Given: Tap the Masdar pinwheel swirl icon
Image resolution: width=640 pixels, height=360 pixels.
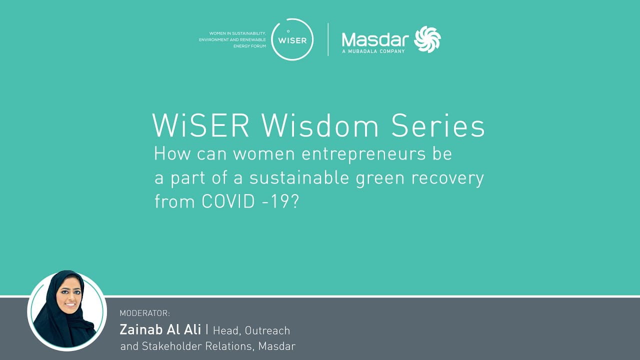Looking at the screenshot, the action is [x=427, y=39].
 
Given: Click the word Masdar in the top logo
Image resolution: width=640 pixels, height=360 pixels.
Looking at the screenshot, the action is [x=375, y=39].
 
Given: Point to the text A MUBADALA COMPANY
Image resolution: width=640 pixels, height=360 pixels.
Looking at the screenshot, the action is [x=373, y=51].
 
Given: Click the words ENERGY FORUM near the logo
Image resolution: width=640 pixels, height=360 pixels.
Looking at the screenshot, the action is [x=249, y=46].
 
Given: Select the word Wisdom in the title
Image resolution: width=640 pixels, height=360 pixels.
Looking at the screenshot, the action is [x=319, y=125].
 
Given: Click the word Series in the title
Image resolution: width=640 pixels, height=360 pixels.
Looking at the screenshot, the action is [x=437, y=125].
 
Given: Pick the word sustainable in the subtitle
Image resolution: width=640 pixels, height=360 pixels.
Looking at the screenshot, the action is [x=299, y=177].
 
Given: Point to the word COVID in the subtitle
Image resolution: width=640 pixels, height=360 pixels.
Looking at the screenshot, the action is [x=228, y=201].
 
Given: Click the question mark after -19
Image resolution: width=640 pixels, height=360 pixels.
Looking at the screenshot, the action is [x=295, y=201].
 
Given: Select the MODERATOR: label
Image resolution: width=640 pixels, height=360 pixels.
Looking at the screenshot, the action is [x=144, y=313].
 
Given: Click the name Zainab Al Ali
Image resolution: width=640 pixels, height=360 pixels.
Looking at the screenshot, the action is [x=160, y=329].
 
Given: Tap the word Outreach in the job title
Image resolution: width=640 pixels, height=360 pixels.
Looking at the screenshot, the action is [x=267, y=330].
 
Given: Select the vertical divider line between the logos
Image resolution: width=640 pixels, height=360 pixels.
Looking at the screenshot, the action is [x=328, y=39].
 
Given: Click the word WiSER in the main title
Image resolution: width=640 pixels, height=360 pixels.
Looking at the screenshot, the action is [x=201, y=125].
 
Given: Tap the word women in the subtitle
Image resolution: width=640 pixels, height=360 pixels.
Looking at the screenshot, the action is [x=264, y=154].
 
